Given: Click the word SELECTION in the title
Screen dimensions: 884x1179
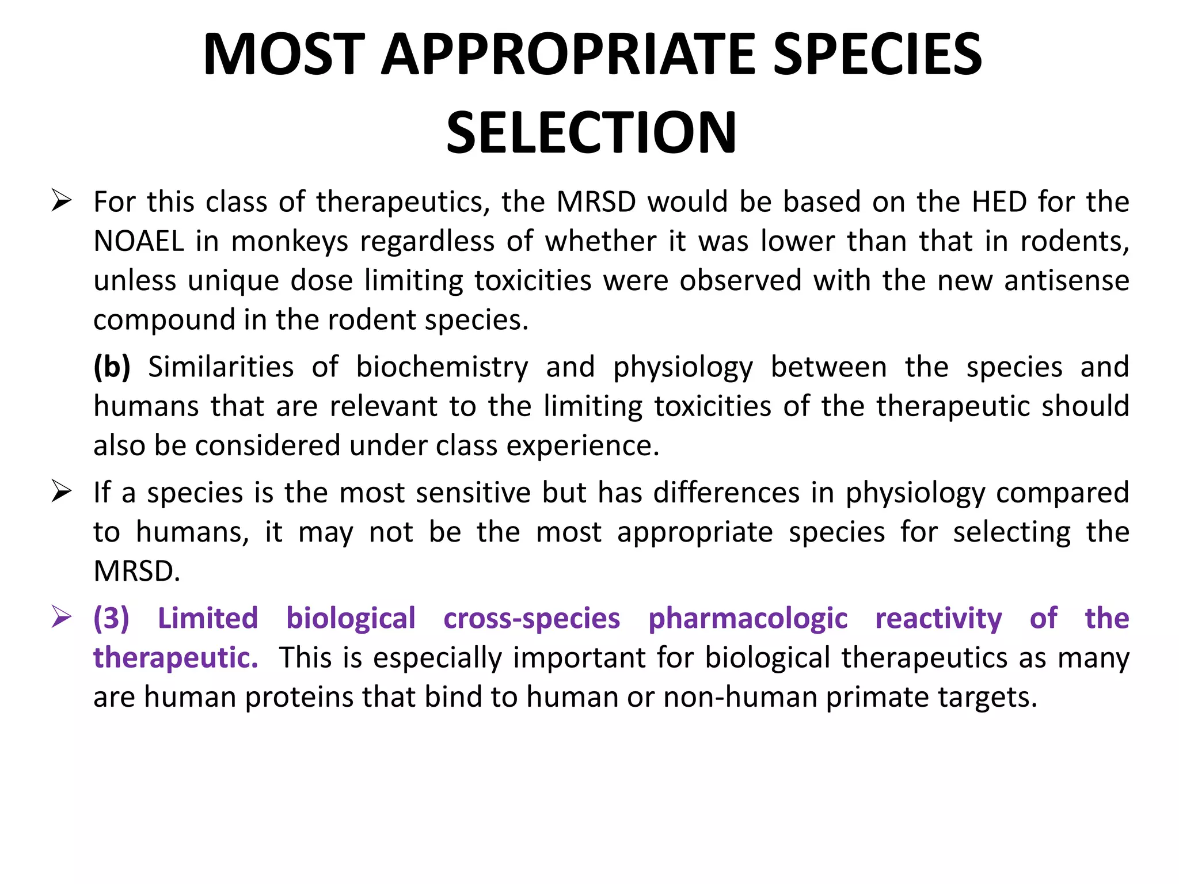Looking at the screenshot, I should point(591,133).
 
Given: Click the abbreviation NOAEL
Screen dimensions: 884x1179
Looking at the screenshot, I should point(139,241).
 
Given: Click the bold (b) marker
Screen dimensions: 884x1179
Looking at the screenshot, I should point(112,367).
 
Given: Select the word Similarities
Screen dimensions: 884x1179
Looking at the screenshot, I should point(221,367).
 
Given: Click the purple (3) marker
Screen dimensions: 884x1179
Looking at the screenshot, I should point(111,619).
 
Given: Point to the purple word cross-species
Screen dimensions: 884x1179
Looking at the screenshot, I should point(531,619).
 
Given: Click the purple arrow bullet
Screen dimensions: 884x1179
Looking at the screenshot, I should point(61,618).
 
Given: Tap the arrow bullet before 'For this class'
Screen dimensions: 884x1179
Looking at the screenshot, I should point(61,201).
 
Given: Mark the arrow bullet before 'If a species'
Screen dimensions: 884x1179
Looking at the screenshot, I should point(61,492).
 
